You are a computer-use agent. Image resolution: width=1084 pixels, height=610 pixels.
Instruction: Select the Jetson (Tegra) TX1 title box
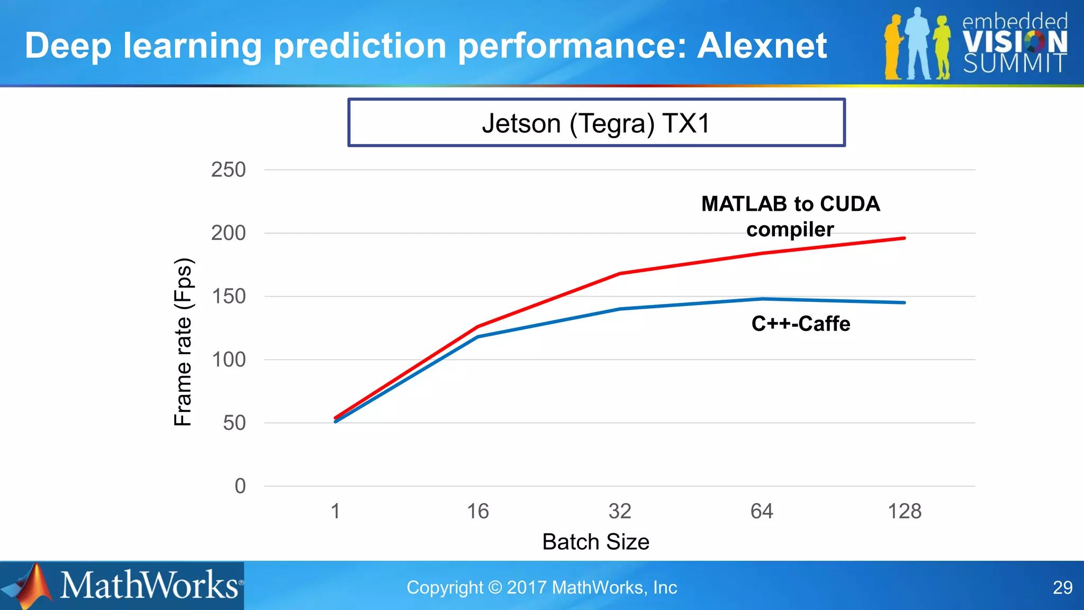point(596,123)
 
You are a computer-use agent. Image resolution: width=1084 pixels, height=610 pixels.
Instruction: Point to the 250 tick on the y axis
point(228,170)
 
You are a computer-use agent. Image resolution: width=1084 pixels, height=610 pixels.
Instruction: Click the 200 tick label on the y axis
point(228,233)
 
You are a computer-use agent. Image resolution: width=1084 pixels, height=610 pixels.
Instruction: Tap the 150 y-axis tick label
point(228,297)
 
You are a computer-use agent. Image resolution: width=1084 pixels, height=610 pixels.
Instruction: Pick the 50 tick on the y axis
point(234,423)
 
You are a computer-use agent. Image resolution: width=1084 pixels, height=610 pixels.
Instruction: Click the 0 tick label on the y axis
point(240,486)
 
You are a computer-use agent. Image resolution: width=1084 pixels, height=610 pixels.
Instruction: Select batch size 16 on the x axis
point(477,512)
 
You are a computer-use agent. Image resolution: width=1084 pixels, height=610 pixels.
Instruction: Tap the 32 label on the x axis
point(620,512)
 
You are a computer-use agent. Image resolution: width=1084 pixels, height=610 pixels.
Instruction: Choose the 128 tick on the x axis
point(904,512)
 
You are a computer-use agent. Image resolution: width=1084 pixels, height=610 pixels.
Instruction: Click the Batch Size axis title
point(595,542)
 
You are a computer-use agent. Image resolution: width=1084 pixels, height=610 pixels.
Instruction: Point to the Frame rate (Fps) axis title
point(183,342)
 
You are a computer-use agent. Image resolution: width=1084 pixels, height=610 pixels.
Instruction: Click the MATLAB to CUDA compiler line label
point(790,217)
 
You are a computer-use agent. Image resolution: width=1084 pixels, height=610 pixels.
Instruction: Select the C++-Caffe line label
point(800,324)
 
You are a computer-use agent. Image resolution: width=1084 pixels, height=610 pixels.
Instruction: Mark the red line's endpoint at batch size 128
point(904,238)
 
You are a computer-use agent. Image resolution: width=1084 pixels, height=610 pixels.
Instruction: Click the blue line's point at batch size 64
point(762,299)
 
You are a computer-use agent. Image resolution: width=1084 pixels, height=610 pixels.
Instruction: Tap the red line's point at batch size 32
point(620,274)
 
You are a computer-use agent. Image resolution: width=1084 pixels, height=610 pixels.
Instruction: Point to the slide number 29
point(1062,588)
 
